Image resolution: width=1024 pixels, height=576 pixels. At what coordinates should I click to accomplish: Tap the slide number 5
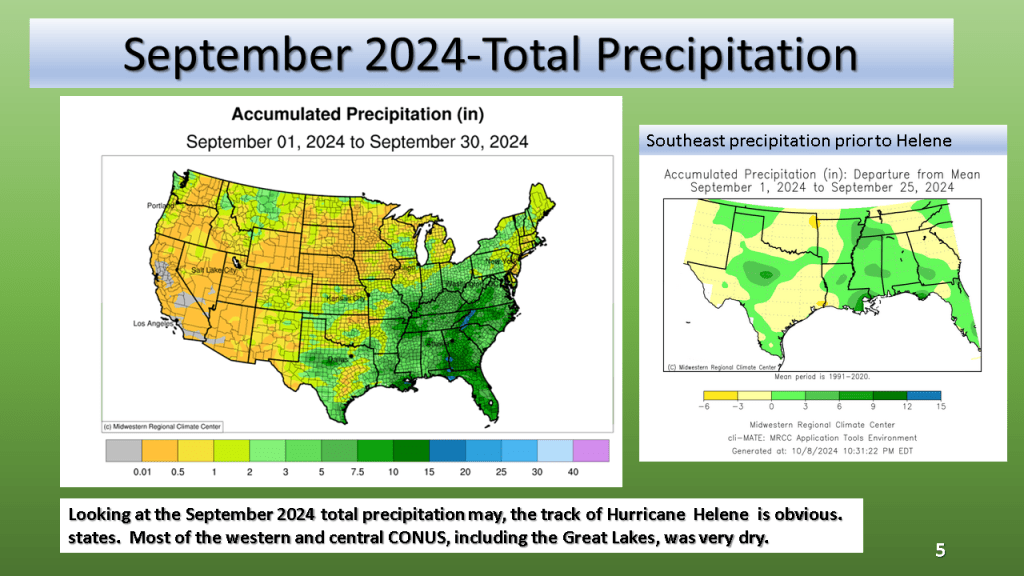point(940,549)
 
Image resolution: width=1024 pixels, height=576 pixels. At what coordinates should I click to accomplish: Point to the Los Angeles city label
point(154,324)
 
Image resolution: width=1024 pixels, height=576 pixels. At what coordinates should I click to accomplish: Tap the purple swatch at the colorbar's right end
point(590,450)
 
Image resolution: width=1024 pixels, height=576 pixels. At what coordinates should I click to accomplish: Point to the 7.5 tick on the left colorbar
point(358,472)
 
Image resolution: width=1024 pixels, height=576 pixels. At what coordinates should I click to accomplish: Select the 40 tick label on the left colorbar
point(573,472)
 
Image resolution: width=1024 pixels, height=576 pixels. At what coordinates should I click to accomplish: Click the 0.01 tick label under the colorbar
point(141,472)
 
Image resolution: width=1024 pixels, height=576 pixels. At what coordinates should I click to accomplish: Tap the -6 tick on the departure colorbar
point(705,407)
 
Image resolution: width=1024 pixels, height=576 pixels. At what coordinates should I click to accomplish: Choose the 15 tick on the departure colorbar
point(940,407)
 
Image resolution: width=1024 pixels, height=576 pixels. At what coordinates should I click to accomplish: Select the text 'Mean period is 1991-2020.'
point(822,377)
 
